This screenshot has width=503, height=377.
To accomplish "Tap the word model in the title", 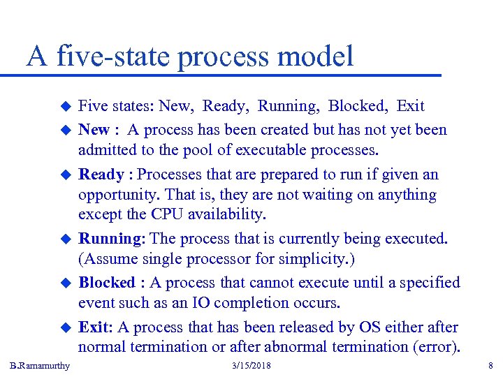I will pos(318,57).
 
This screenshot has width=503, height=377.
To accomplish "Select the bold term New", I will pos(94,130).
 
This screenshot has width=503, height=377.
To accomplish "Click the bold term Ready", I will pos(101,175).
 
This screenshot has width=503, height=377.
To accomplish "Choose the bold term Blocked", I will pos(106,283).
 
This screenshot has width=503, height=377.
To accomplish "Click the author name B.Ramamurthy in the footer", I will pos(41,366).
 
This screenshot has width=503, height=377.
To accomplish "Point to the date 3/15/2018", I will pos(251,366).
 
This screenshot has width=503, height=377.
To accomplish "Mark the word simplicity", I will pos(309,260).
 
